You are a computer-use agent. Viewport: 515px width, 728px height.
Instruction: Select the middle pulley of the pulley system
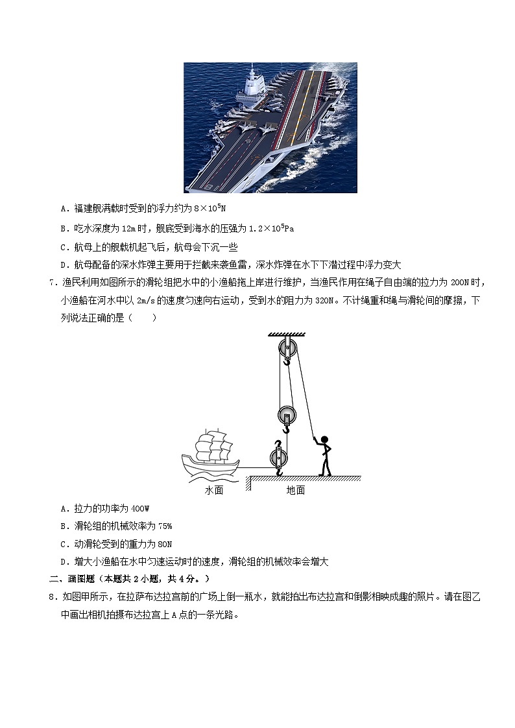(286, 415)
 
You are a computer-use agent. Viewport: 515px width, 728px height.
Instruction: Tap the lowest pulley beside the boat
(278, 458)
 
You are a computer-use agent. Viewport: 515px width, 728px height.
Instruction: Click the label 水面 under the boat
(214, 491)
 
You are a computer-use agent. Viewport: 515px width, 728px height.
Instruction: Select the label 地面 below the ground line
(296, 491)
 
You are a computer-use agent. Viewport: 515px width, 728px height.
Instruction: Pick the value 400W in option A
(140, 508)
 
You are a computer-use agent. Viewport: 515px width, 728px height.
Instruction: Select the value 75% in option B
(162, 526)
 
